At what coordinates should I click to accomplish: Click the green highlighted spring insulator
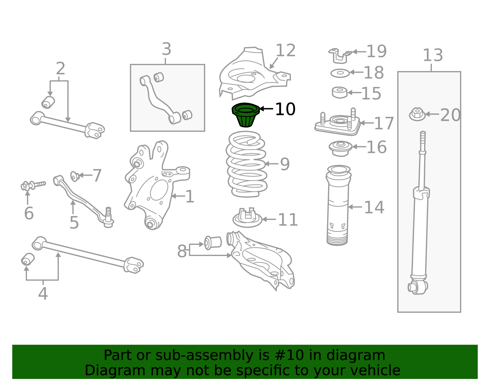[x=246, y=115]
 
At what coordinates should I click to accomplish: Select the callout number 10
[x=285, y=109]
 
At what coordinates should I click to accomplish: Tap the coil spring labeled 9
[x=247, y=164]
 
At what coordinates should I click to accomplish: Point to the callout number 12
[x=285, y=50]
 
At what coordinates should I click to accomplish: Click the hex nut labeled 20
[x=417, y=114]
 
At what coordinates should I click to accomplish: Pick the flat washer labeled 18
[x=340, y=73]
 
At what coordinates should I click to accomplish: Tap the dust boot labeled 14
[x=338, y=205]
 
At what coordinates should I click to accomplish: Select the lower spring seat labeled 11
[x=247, y=218]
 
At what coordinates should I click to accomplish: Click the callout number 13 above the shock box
[x=433, y=55]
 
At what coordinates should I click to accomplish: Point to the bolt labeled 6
[x=33, y=186]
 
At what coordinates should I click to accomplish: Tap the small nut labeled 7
[x=75, y=176]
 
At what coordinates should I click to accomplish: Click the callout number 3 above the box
[x=166, y=49]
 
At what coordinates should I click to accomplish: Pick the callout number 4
[x=43, y=294]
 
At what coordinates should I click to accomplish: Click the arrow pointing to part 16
[x=359, y=147]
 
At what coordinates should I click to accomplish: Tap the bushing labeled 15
[x=340, y=92]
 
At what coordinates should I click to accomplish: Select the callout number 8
[x=182, y=251]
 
